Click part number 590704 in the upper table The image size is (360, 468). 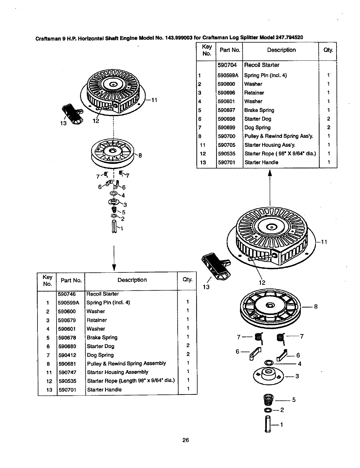pyautogui.click(x=227, y=65)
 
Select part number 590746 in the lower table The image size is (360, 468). pyautogui.click(x=67, y=294)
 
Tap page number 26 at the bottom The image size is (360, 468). pyautogui.click(x=186, y=440)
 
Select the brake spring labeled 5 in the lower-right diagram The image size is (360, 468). pyautogui.click(x=268, y=400)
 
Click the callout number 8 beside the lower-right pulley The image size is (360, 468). pyautogui.click(x=316, y=306)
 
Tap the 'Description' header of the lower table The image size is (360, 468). pyautogui.click(x=132, y=280)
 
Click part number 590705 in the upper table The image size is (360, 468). pyautogui.click(x=226, y=145)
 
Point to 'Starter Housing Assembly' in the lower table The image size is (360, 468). pyautogui.click(x=118, y=372)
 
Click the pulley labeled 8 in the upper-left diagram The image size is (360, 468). pyautogui.click(x=113, y=154)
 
